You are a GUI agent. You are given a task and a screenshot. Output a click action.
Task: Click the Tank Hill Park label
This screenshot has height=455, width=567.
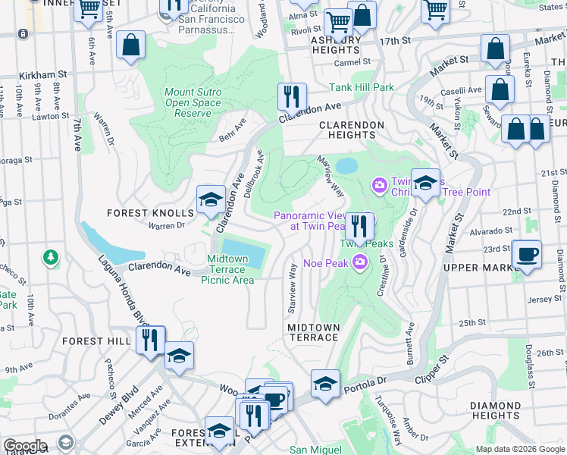point(361,87)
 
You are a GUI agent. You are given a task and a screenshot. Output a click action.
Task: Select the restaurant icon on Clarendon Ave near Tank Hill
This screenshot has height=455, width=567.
point(292,97)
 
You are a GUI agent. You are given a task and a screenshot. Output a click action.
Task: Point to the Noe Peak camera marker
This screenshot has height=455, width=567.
point(360,263)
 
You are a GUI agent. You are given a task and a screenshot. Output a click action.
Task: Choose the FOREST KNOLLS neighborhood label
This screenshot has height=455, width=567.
point(149,213)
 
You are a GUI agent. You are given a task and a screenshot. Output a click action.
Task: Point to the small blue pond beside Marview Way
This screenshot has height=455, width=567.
point(346,165)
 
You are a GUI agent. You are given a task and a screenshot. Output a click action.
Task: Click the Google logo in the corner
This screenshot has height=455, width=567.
point(25,446)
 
